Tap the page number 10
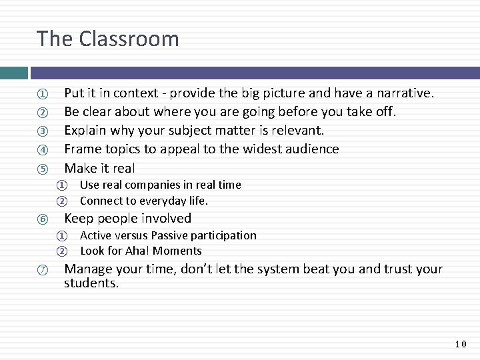click(461, 344)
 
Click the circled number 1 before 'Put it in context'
click(41, 93)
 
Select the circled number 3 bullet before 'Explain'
click(41, 131)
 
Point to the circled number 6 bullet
click(41, 219)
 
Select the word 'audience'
click(311, 149)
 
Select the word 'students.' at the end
click(91, 284)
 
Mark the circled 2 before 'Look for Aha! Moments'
click(61, 251)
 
